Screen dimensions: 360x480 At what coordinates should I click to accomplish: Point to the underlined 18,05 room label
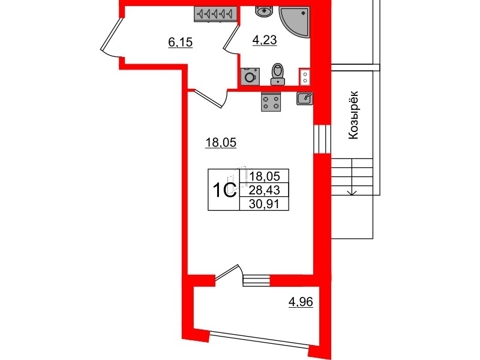point(221,142)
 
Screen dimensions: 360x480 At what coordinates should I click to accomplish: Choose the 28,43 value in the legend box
point(265,190)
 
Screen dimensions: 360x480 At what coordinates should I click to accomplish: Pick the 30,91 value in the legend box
point(265,204)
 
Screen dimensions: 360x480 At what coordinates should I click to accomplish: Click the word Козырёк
point(353,115)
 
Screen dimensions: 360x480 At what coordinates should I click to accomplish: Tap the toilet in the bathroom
point(277,74)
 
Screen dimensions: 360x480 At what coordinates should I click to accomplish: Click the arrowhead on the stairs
point(352,191)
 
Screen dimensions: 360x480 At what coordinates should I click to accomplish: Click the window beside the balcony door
point(256,279)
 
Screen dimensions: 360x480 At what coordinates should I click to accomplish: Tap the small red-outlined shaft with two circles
point(305,77)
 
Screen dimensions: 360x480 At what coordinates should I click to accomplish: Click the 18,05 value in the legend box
point(265,177)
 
